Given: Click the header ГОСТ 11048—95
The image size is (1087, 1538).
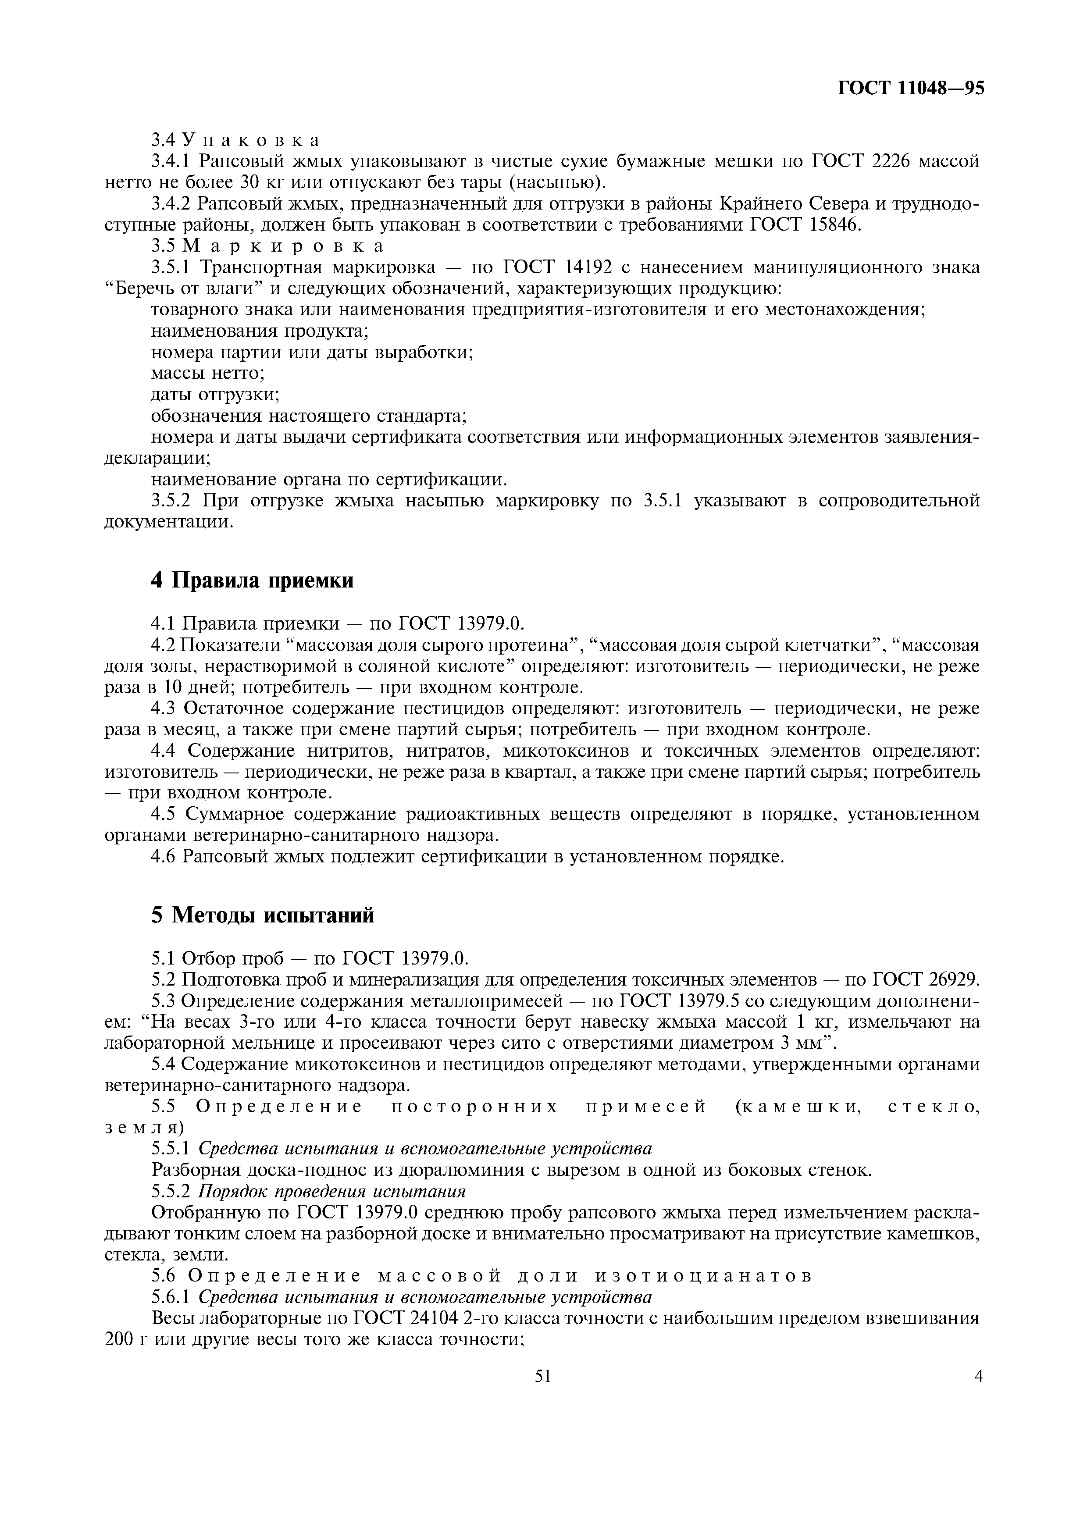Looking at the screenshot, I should (911, 89).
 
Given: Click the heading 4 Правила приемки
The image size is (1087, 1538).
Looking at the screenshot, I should (253, 580).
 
